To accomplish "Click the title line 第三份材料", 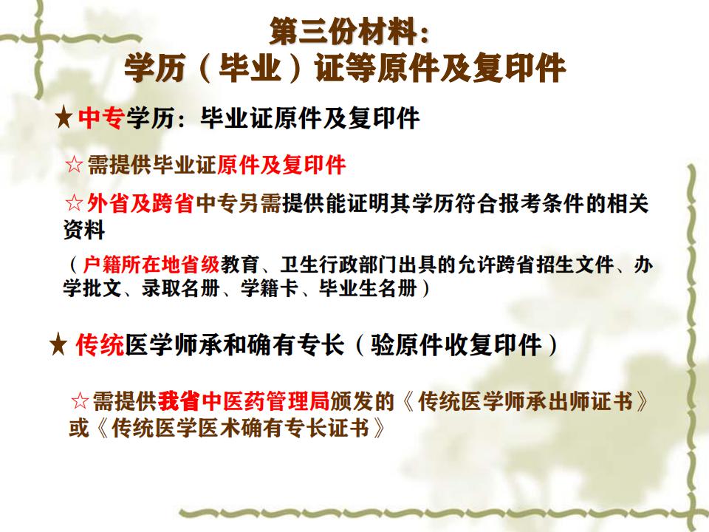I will (349, 33).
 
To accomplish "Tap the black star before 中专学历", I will (64, 118).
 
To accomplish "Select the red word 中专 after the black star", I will (99, 118).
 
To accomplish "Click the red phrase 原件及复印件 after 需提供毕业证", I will (281, 164).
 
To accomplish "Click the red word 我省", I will (178, 401).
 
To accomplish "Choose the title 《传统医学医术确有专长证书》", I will (236, 429).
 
